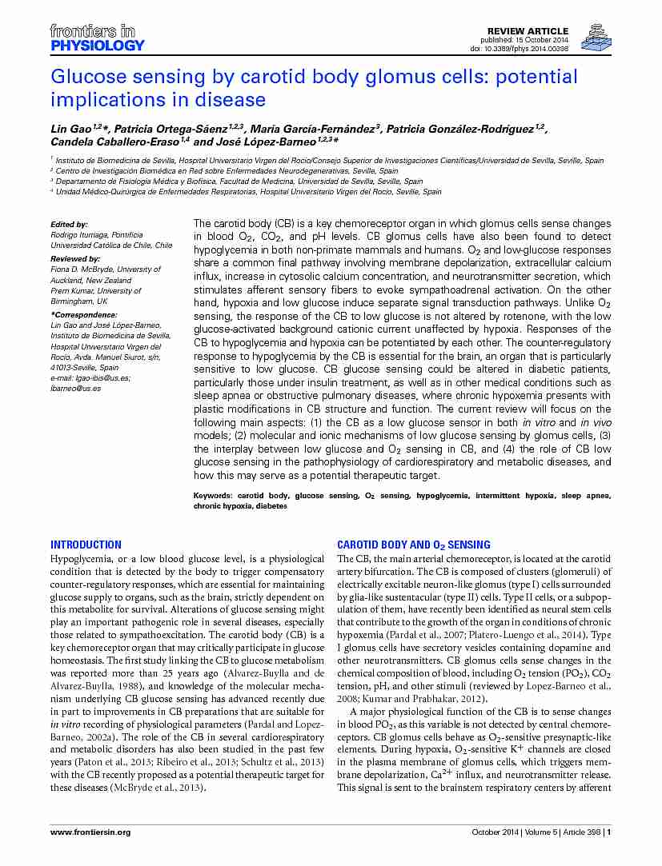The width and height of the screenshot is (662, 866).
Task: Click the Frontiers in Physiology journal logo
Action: click(x=97, y=38)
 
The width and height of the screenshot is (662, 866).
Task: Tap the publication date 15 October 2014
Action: click(x=544, y=40)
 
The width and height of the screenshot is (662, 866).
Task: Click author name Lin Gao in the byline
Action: click(x=70, y=129)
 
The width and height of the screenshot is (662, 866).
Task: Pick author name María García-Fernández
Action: click(x=313, y=129)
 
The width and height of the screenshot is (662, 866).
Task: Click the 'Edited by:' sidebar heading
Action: click(x=69, y=225)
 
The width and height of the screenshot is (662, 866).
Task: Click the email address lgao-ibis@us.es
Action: click(x=99, y=377)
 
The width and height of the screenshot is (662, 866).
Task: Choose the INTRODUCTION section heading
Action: click(x=86, y=545)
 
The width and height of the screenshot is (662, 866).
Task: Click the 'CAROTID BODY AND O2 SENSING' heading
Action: click(x=414, y=545)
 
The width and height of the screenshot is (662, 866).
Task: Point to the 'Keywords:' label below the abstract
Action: click(x=213, y=496)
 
